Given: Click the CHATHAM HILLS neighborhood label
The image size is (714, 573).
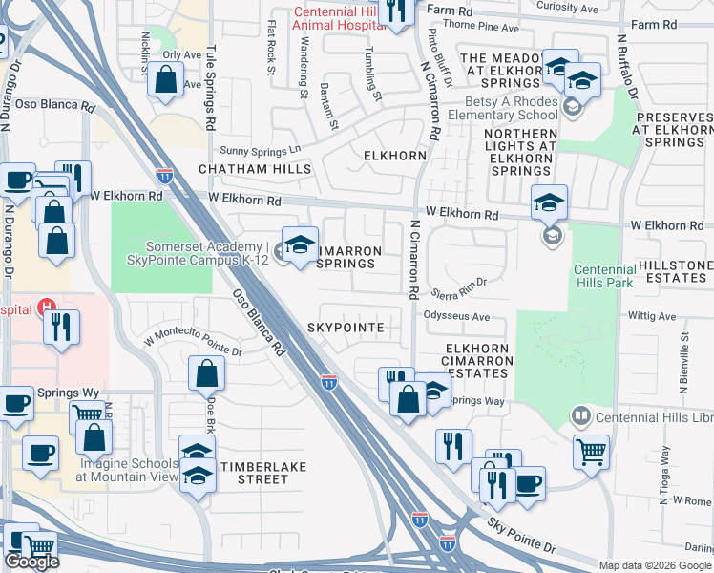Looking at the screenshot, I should tap(255, 169).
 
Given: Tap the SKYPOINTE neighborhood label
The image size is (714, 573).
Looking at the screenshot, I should tap(346, 328).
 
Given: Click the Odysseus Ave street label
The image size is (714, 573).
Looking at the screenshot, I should tap(455, 317).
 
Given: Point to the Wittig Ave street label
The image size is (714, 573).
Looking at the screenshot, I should tap(652, 314).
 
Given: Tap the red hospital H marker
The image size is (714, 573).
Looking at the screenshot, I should tap(44, 308).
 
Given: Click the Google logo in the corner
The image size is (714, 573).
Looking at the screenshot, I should tap(31, 562).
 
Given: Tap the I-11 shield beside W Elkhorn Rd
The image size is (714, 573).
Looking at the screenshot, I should tap(164, 176).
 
